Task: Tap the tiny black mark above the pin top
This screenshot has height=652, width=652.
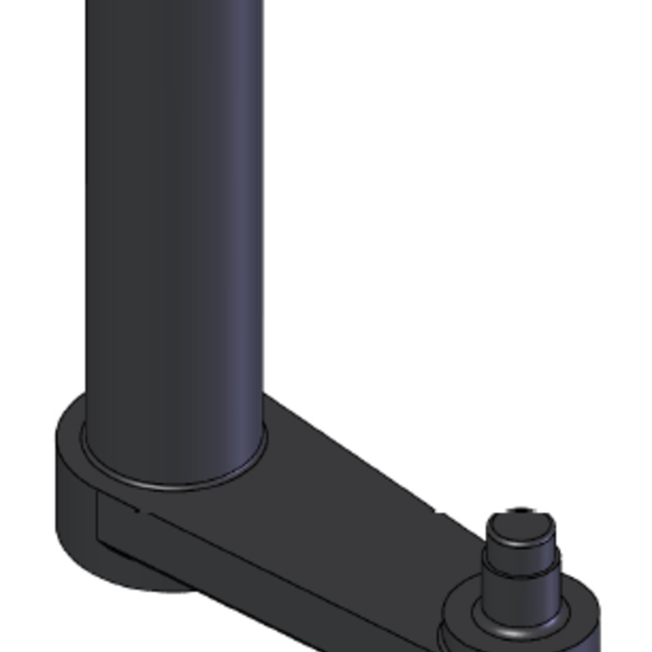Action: [x=522, y=509]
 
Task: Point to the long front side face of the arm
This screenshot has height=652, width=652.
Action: [x=279, y=568]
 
